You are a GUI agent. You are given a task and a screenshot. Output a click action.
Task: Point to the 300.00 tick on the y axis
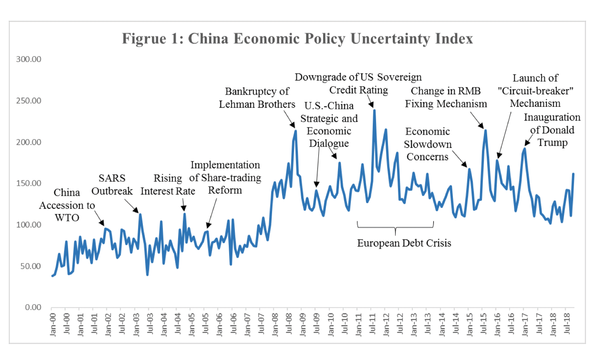click(28, 59)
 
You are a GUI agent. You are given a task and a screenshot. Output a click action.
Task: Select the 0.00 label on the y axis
click(33, 307)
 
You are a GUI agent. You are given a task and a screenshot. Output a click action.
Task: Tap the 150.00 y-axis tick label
click(28, 183)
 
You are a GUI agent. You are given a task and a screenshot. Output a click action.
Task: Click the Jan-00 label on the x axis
click(53, 324)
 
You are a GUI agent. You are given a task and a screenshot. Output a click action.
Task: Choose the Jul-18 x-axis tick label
click(566, 324)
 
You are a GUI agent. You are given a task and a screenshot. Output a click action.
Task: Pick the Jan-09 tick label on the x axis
click(303, 324)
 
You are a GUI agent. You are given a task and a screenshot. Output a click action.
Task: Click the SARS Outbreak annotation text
click(112, 184)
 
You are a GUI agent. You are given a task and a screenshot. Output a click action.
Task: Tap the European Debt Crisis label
click(404, 243)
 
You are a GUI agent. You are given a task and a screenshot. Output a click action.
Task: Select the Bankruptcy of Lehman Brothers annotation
click(257, 98)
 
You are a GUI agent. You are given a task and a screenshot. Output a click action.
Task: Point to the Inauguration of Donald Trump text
click(552, 130)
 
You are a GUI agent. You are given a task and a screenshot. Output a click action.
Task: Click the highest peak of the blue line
click(374, 110)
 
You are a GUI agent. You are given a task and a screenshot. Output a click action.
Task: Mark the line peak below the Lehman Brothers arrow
click(296, 130)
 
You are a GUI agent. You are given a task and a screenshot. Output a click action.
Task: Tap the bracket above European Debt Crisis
click(395, 227)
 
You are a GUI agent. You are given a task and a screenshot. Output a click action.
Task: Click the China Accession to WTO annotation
click(67, 205)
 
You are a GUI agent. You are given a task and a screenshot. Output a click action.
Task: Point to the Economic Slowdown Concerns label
click(428, 144)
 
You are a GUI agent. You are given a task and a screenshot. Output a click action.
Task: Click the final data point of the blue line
click(573, 174)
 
